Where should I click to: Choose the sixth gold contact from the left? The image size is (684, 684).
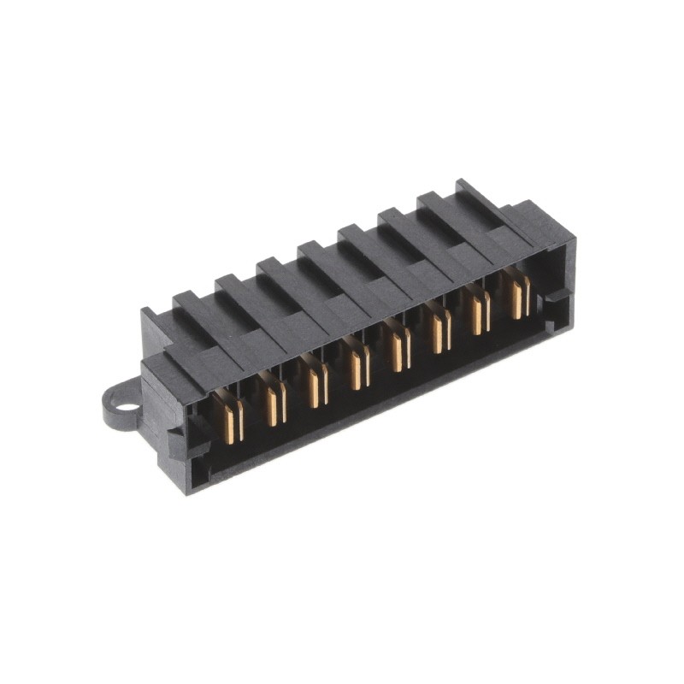point(439,333)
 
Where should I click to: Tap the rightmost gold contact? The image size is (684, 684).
point(518,297)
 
